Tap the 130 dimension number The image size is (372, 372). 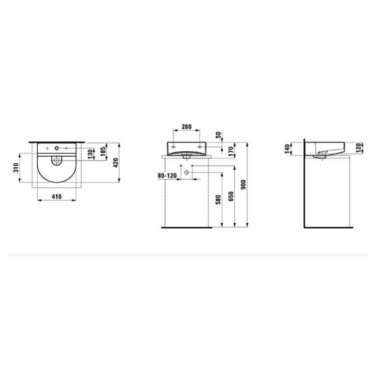[91, 153]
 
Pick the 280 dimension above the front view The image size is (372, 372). [185, 129]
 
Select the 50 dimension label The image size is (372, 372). [219, 136]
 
